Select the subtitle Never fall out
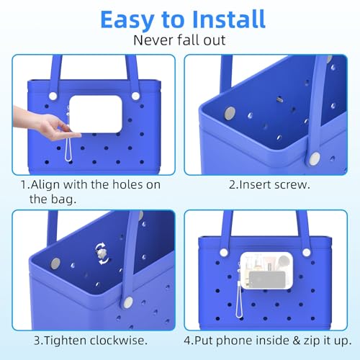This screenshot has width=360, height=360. click(x=180, y=42)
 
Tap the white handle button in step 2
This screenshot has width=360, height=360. click(x=315, y=156)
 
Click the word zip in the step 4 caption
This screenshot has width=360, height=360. click(x=311, y=340)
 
